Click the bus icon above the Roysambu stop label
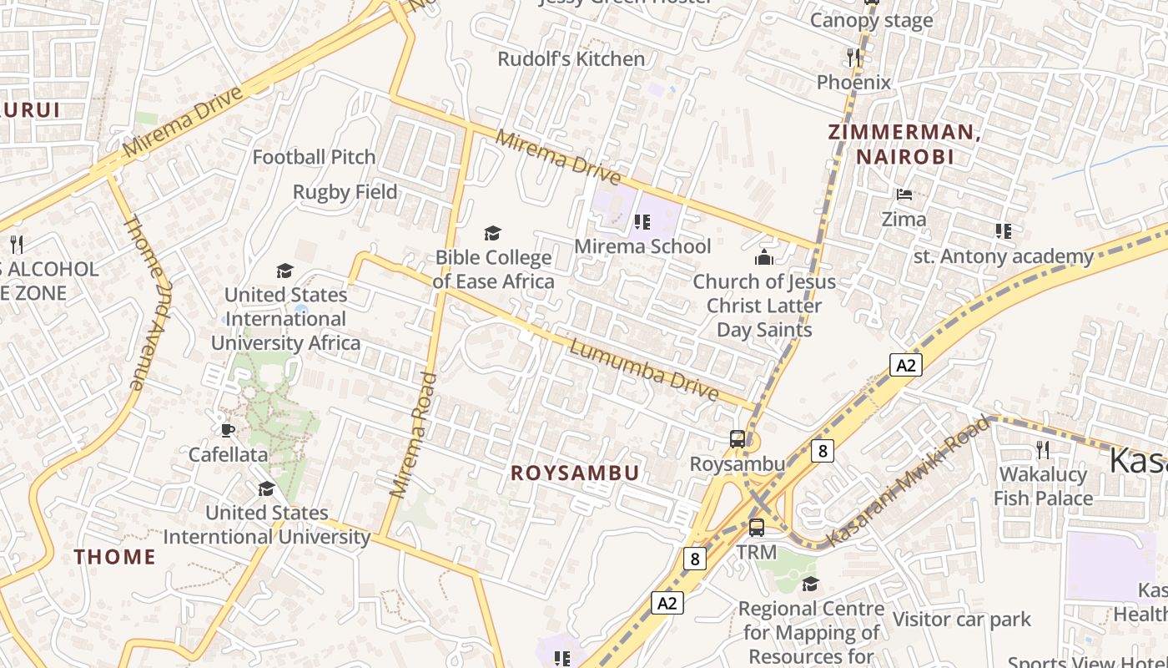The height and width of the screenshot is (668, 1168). tap(738, 438)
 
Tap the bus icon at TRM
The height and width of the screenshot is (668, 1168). tap(757, 528)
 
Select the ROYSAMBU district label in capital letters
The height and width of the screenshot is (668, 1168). tap(575, 473)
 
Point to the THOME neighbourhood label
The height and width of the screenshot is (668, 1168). tap(115, 557)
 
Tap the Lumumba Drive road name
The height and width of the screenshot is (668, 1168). tap(643, 369)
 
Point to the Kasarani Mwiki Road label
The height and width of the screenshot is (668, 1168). tap(909, 482)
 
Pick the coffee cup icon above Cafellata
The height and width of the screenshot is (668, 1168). tap(227, 430)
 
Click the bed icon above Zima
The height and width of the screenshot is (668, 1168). tap(904, 195)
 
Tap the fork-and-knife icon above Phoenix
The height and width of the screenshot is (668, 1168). tap(853, 57)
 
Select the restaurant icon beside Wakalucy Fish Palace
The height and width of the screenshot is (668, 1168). tap(1043, 449)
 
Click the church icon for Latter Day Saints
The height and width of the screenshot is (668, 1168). tap(763, 257)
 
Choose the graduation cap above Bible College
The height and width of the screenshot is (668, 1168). tap(493, 233)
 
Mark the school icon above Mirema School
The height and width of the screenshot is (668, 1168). tap(642, 221)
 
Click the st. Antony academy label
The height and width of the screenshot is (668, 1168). tap(1003, 256)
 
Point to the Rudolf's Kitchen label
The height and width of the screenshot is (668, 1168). tap(571, 59)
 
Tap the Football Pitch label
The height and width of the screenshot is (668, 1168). tap(314, 157)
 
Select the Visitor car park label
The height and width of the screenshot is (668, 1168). tap(961, 620)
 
